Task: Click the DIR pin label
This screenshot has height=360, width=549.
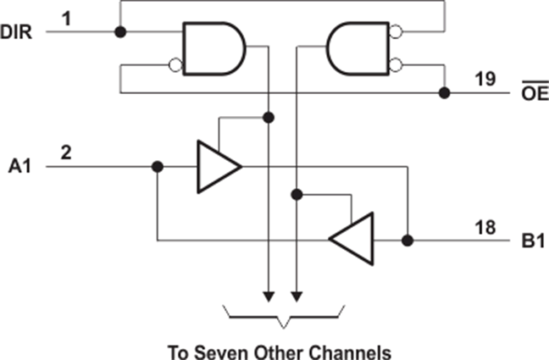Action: (x=16, y=32)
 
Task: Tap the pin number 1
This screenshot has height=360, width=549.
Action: (x=67, y=19)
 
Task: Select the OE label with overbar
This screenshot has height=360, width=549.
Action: (x=535, y=91)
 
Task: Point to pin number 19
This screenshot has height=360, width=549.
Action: (x=485, y=79)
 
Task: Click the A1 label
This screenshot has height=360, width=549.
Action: (x=20, y=166)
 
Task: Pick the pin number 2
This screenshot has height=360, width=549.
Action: (x=66, y=152)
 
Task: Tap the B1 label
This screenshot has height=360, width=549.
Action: (x=533, y=241)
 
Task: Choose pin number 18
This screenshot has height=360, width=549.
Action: (x=485, y=228)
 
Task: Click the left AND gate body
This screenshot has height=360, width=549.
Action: (x=214, y=48)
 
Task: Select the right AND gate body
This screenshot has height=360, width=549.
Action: (x=358, y=48)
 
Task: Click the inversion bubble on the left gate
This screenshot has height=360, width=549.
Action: (x=175, y=65)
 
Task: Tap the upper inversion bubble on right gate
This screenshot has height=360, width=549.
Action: (x=396, y=32)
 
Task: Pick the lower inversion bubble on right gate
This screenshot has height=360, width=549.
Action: (x=396, y=65)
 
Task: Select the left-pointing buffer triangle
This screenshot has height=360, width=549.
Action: (x=352, y=239)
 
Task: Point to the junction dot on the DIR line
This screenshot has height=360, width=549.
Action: (x=120, y=32)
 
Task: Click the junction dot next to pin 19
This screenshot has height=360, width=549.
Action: (x=444, y=93)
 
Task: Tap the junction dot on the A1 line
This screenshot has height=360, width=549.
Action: (x=158, y=167)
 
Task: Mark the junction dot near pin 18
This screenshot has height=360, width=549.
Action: (x=408, y=241)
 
